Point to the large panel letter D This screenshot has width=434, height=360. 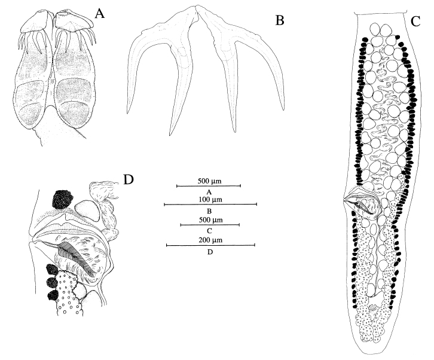tap(128, 179)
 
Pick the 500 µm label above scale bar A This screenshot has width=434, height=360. tap(209, 180)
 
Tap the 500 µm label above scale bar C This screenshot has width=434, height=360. tap(209, 218)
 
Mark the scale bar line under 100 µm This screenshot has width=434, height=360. tap(210, 205)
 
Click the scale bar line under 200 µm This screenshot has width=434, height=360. tap(210, 245)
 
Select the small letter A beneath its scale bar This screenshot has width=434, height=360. tap(209, 192)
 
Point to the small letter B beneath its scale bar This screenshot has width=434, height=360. tap(209, 211)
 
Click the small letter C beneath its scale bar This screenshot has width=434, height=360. tap(209, 231)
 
